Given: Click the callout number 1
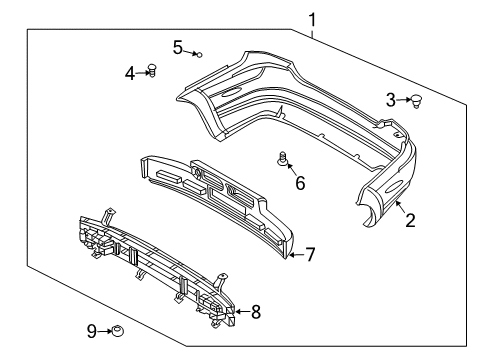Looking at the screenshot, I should tap(313, 19).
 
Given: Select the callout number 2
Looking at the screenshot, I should tap(410, 221).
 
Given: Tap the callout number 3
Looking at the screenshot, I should tap(391, 99).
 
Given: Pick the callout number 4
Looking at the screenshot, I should tap(130, 72).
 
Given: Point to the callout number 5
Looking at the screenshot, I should tap(177, 46).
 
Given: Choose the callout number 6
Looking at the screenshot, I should tap(300, 182).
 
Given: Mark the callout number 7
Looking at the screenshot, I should tap(310, 255).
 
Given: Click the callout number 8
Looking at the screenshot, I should tap(255, 312).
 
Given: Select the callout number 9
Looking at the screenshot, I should tap(91, 330).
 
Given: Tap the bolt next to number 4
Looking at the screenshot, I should tap(152, 70).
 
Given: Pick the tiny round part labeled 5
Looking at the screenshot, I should tap(199, 54).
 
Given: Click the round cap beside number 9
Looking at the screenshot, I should tap(117, 329).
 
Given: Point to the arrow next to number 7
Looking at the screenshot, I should tap(294, 255).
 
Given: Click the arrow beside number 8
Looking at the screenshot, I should tap(239, 312).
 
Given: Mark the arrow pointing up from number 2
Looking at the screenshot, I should tap(400, 206).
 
